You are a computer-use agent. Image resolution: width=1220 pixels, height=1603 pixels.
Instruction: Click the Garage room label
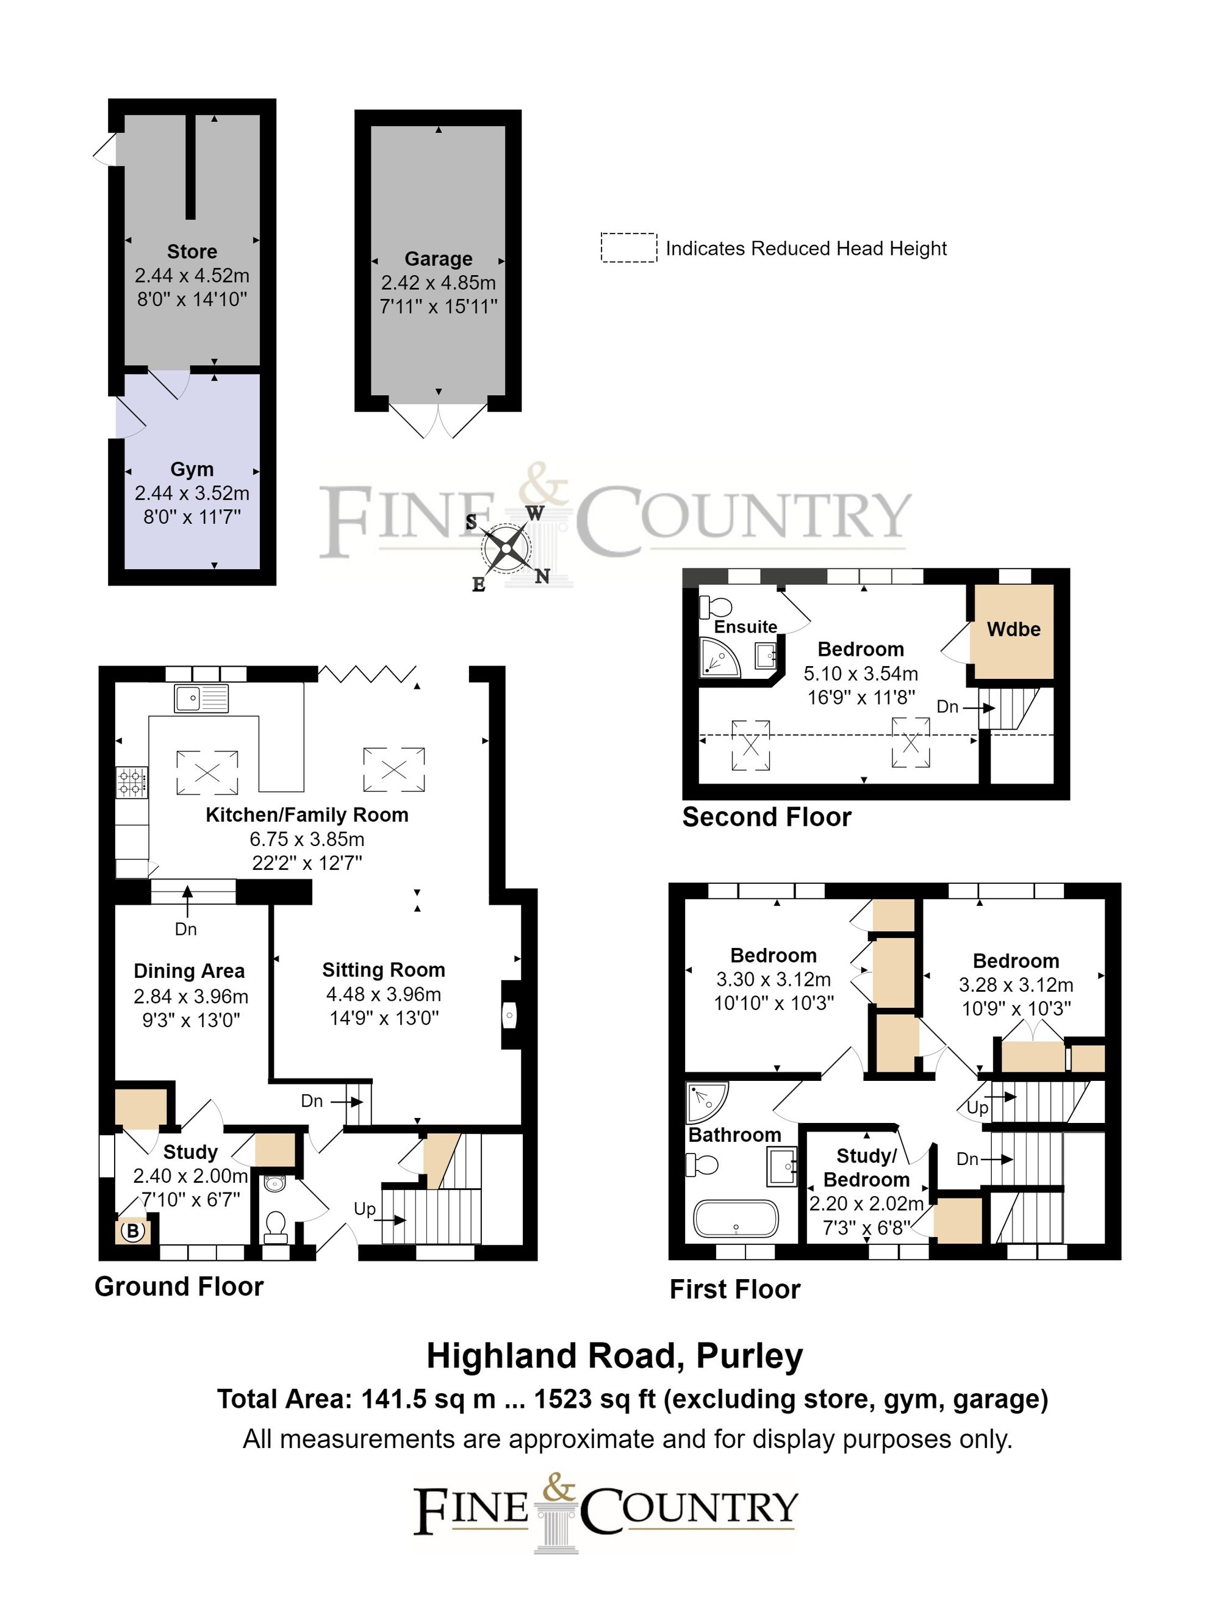(x=438, y=259)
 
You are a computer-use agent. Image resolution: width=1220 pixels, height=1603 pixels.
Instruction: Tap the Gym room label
(x=192, y=470)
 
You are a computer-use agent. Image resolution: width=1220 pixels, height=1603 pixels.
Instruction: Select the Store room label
(x=192, y=252)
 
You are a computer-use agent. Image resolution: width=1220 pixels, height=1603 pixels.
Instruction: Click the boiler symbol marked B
(x=133, y=1232)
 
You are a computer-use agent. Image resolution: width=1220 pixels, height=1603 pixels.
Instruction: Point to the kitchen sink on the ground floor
(x=201, y=698)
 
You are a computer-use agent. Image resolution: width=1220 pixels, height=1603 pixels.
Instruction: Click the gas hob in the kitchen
(x=131, y=783)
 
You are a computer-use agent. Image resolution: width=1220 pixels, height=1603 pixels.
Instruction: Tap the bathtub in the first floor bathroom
(x=736, y=1219)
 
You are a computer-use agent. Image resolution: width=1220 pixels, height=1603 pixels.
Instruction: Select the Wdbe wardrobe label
(x=1013, y=629)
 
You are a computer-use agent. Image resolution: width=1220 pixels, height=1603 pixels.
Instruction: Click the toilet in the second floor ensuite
(x=716, y=606)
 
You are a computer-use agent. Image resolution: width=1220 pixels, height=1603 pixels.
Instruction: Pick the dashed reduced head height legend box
(x=628, y=248)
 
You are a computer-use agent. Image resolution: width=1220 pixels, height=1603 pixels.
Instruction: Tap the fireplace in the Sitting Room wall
(x=511, y=1015)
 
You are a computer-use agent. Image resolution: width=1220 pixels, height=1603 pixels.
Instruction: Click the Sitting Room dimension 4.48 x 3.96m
(x=384, y=994)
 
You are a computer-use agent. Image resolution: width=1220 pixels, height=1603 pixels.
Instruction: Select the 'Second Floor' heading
(x=766, y=817)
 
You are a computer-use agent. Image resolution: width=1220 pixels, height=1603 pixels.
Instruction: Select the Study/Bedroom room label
(x=866, y=1168)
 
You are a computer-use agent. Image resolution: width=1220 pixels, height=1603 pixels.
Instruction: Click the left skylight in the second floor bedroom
(x=750, y=744)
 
